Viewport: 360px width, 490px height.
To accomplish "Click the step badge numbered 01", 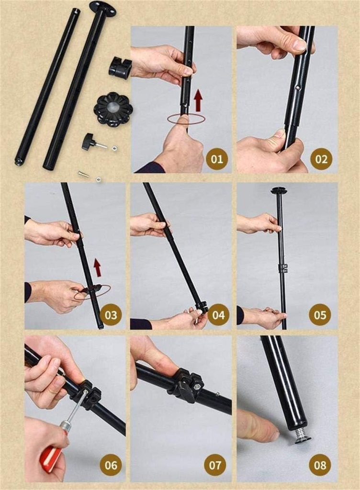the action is [217, 159].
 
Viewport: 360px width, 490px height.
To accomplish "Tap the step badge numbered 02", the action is [321, 159].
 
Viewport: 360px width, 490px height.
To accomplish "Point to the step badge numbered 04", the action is [218, 315].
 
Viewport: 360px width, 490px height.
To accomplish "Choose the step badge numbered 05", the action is [320, 315].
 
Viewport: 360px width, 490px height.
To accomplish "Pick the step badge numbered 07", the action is [215, 465].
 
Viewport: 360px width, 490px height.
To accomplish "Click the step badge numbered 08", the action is [320, 465].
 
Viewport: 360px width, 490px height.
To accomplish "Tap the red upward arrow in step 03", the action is [98, 268].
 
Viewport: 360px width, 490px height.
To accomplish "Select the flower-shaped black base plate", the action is [113, 111].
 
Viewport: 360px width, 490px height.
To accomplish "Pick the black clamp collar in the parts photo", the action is [121, 68].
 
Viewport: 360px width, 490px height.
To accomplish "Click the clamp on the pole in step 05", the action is [283, 267].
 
